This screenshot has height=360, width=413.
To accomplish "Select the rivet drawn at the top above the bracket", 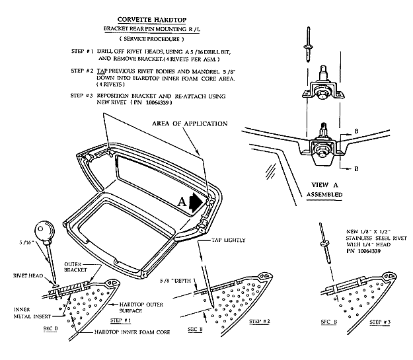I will coord(309,38).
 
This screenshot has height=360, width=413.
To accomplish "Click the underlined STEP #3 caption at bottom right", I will coord(379,323).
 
